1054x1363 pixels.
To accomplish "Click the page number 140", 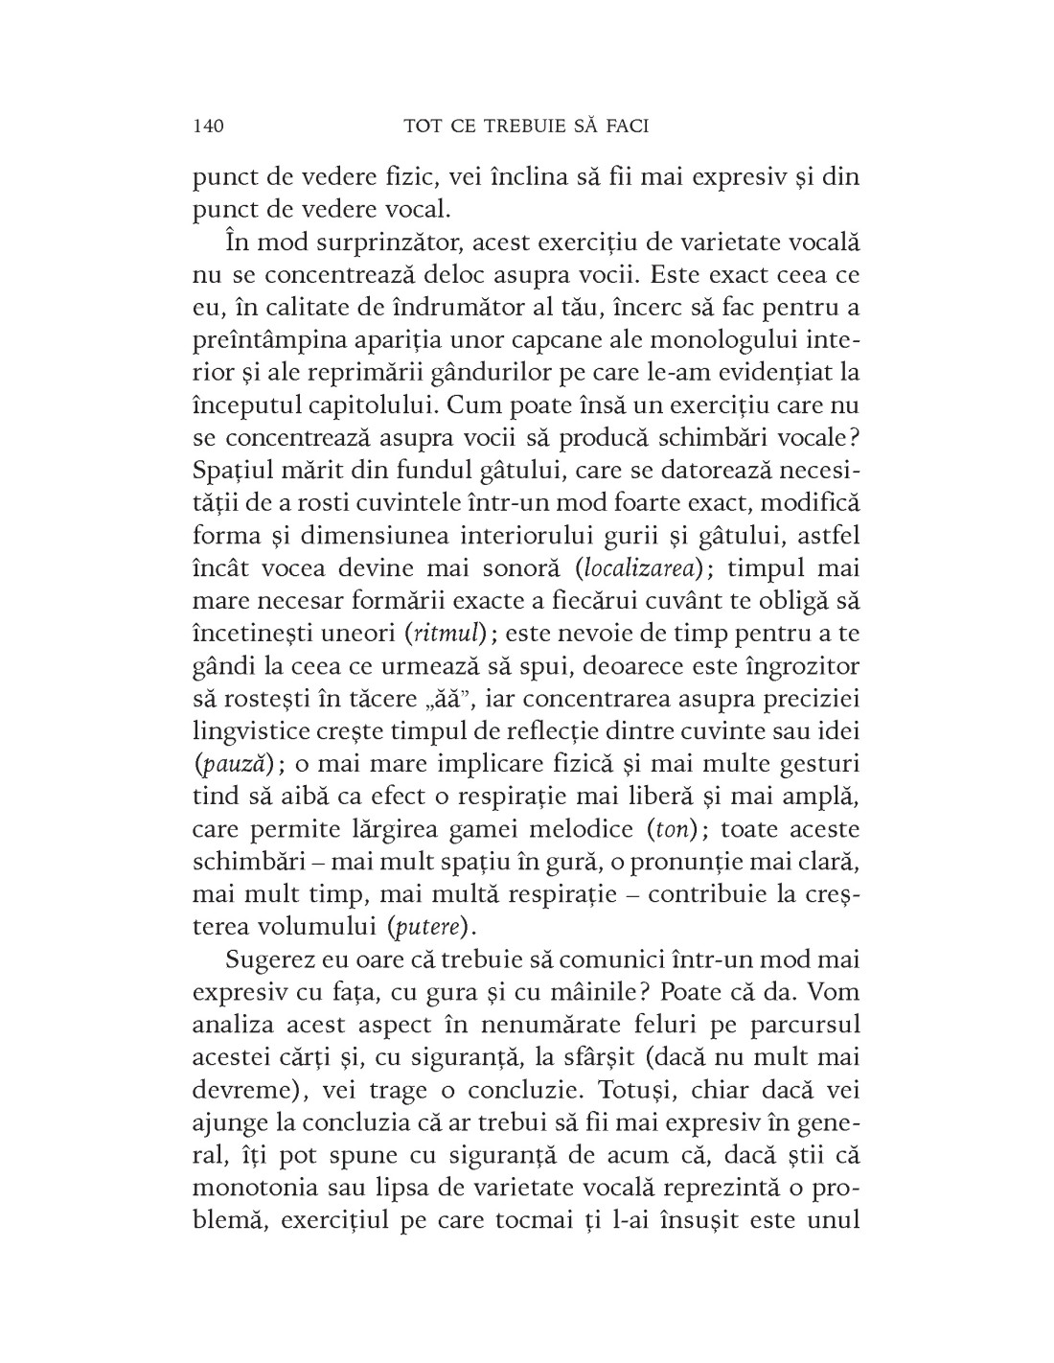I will click(x=208, y=126).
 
